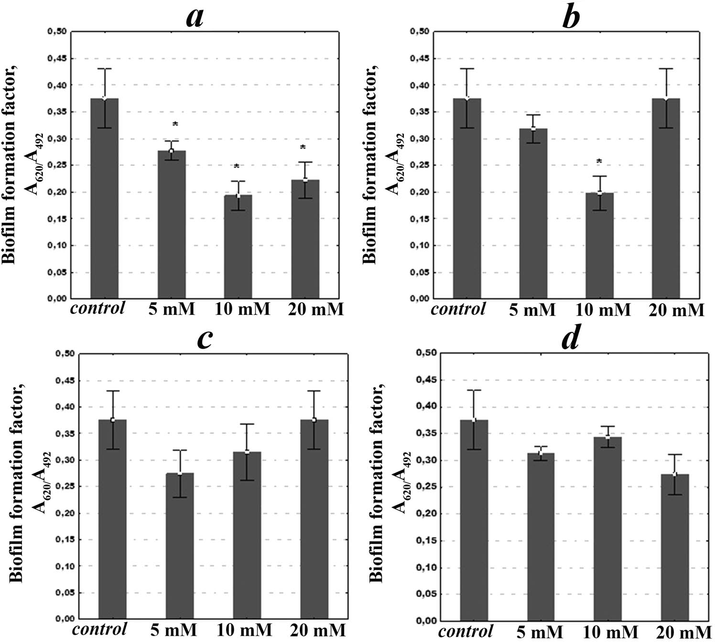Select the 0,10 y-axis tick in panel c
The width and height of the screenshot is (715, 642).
point(64,567)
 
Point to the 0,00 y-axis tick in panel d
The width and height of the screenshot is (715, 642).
point(426,621)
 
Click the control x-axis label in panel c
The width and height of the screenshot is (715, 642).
point(100,628)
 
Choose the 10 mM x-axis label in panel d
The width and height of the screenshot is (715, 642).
point(607,632)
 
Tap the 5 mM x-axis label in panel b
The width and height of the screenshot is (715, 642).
point(532,310)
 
